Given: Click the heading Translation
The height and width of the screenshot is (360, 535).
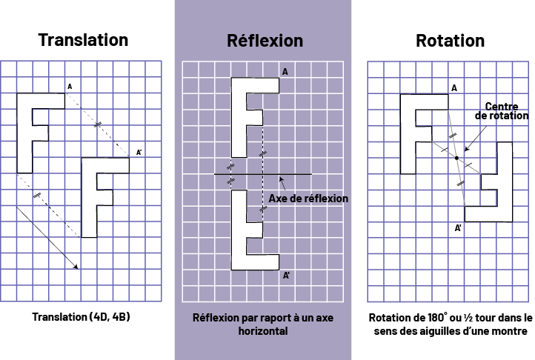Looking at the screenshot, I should [x=83, y=40].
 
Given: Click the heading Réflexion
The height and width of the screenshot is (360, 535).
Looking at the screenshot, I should [x=264, y=40].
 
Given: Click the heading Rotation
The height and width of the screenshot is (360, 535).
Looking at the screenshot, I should [x=450, y=40].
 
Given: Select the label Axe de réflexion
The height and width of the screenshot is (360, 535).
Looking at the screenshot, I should [x=308, y=199].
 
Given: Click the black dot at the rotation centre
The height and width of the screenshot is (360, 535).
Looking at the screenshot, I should [x=457, y=158].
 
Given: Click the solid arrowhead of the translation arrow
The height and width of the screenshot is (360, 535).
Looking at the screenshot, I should [x=76, y=266].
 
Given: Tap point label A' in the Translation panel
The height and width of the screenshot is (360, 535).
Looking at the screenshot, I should [x=139, y=153].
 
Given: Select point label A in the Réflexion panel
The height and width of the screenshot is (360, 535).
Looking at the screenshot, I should [x=285, y=72].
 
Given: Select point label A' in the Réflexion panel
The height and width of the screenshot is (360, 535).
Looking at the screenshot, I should [x=286, y=276].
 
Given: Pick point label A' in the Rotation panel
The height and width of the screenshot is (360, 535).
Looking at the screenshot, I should [x=459, y=228].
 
